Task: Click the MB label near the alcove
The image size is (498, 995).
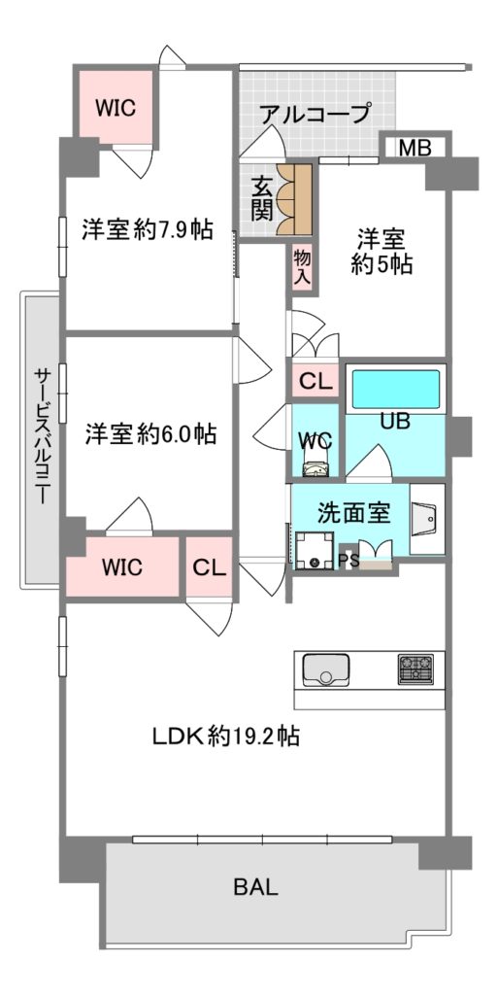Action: click(x=415, y=148)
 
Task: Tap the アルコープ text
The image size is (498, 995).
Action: click(x=315, y=114)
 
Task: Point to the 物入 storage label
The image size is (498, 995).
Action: click(x=302, y=267)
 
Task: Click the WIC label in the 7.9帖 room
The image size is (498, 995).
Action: click(x=116, y=108)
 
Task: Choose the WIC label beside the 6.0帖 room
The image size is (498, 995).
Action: click(x=123, y=566)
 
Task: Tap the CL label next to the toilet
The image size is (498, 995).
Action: click(x=315, y=382)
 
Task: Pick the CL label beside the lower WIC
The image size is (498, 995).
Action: click(x=209, y=567)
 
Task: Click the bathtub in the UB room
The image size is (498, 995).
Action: click(x=395, y=389)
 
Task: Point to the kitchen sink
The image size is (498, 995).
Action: click(x=325, y=670)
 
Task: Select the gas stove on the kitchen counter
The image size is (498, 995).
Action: click(x=415, y=669)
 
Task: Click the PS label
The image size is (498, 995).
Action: click(x=348, y=559)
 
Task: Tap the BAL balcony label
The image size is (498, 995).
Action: click(x=256, y=886)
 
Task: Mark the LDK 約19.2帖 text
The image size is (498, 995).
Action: click(x=225, y=737)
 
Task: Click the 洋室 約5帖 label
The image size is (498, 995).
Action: click(x=382, y=252)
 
